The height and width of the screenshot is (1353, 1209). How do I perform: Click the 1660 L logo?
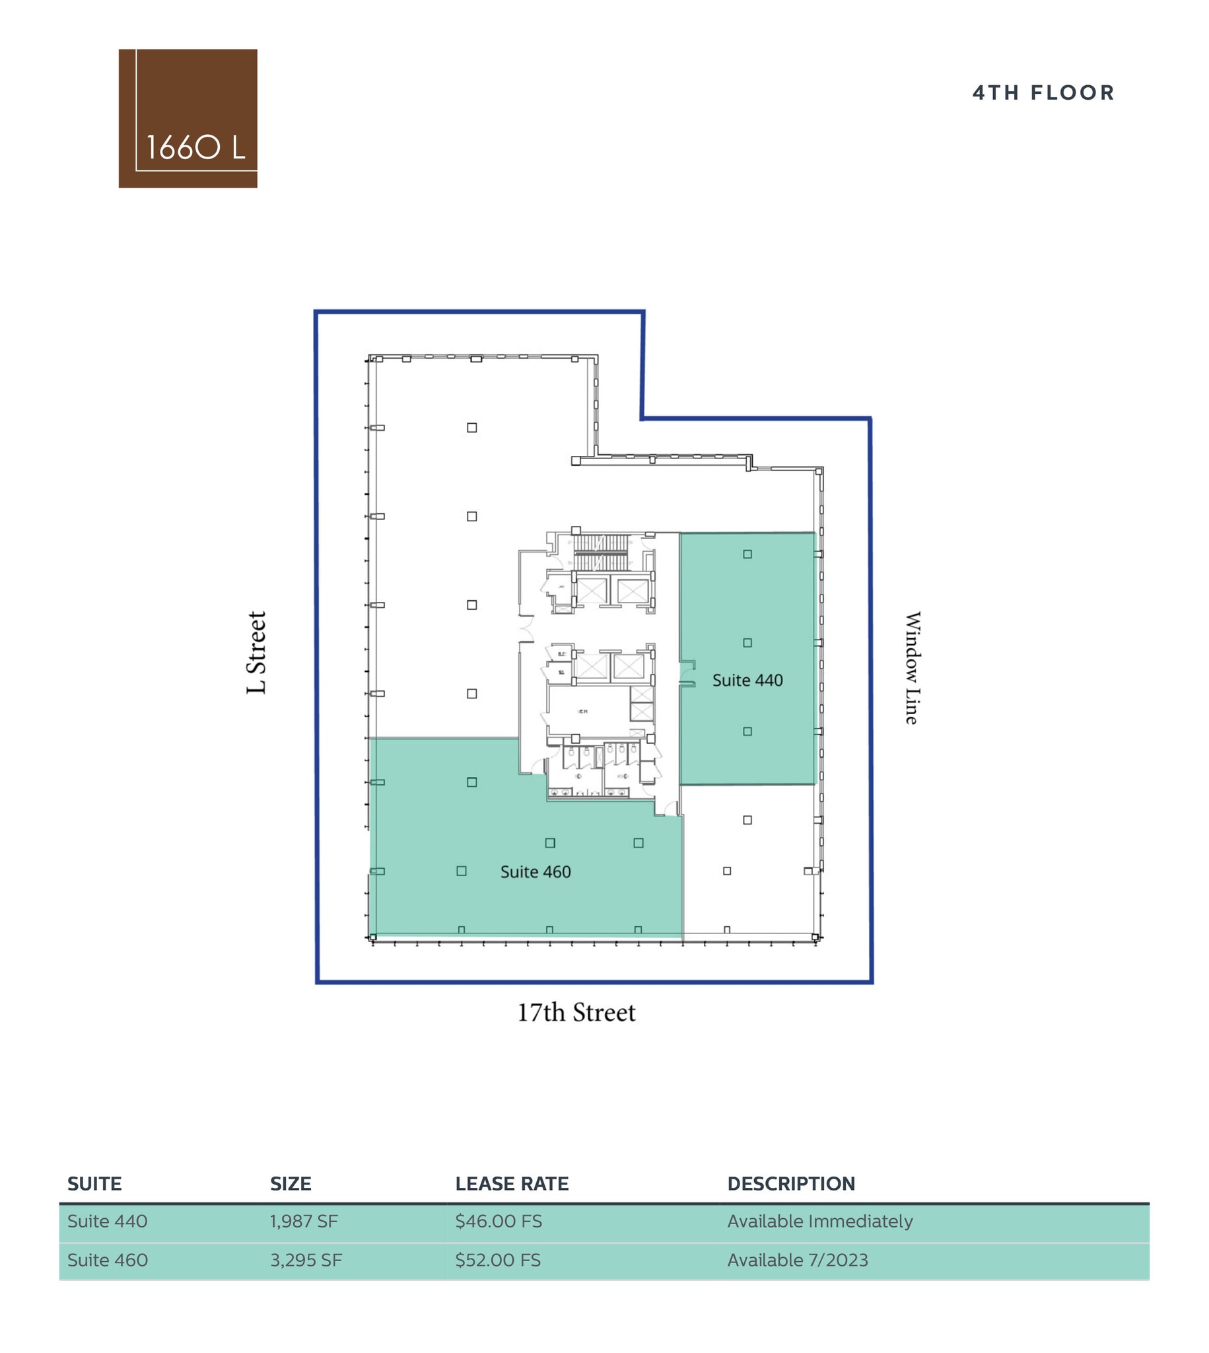pos(188,118)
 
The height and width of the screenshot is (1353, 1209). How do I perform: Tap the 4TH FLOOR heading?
pos(1043,92)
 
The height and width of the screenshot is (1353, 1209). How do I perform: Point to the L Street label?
pos(256,653)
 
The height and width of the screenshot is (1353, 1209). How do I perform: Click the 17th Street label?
pos(576,1013)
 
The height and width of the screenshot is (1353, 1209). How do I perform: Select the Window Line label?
pos(913,667)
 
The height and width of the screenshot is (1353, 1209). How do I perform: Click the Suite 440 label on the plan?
pos(747,680)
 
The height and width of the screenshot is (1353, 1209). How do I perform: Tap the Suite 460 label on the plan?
pos(535,872)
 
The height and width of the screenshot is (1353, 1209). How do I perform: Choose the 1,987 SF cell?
pos(304,1222)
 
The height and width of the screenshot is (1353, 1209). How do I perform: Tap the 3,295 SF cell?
pos(306,1260)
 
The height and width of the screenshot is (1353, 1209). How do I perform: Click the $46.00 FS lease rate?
pos(499,1222)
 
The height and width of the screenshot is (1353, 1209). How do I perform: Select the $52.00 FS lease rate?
pos(498,1260)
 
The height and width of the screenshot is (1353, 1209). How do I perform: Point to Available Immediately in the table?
pos(819,1222)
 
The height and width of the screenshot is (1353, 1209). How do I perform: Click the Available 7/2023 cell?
pos(797,1260)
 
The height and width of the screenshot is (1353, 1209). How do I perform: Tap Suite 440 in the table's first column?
pos(107,1222)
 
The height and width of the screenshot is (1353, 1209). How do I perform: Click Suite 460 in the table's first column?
pos(107,1260)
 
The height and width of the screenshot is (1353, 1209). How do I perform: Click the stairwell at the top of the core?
pos(600,552)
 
